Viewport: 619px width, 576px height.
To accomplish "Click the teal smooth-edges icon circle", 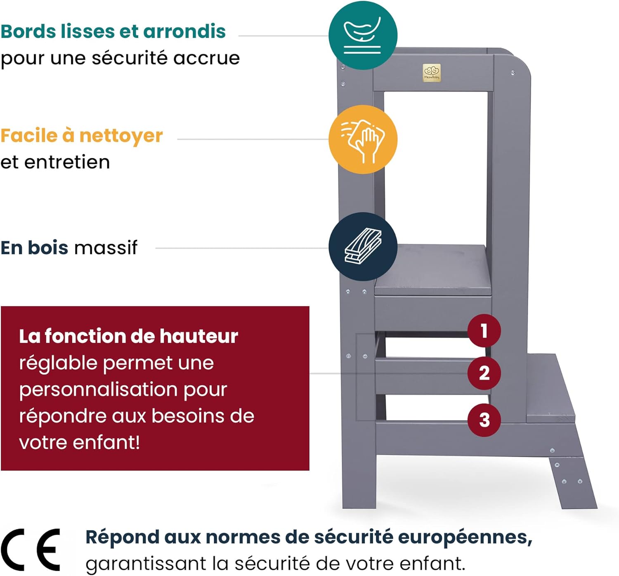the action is tap(363, 35).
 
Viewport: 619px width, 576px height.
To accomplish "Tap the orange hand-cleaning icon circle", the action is tap(363, 139).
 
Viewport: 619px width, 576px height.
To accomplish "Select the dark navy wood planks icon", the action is tap(363, 247).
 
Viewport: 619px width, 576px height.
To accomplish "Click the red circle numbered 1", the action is tap(484, 330).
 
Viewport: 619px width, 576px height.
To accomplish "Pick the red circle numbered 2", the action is tap(484, 373).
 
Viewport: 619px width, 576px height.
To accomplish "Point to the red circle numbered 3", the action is tap(484, 420).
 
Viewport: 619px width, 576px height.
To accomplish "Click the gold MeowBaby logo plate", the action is tap(432, 73).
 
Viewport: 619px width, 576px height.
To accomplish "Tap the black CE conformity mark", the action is tap(30, 550).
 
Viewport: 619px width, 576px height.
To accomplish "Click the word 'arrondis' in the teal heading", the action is tap(184, 31).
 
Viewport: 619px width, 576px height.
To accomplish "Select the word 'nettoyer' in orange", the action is tap(121, 136).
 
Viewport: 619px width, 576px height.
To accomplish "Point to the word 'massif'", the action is tap(106, 248).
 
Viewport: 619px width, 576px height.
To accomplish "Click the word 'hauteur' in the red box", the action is tap(199, 336).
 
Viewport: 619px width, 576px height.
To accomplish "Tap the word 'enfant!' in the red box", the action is tap(106, 443).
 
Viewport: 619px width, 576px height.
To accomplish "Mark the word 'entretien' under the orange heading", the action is tap(67, 163).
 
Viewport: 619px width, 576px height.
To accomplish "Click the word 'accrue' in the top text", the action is tap(206, 59).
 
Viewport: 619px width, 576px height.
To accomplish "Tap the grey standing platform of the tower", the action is tap(432, 269).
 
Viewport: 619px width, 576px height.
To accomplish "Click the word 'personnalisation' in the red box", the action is tap(123, 390).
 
